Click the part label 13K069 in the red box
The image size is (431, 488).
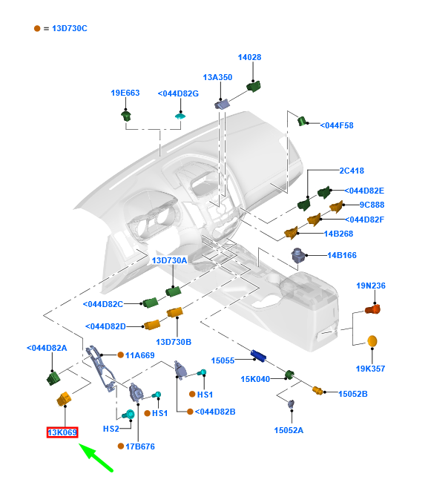click(x=62, y=432)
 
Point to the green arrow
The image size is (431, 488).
click(x=96, y=458)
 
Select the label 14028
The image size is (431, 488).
click(x=249, y=57)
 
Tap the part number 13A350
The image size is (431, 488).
click(x=217, y=77)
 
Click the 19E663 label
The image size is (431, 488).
click(x=125, y=93)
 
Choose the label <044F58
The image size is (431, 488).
click(x=337, y=125)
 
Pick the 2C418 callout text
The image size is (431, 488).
click(x=352, y=171)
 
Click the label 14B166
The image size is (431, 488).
click(x=342, y=255)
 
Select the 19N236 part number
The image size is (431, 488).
click(x=371, y=286)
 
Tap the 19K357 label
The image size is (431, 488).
click(x=370, y=369)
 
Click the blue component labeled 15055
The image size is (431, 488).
click(x=258, y=355)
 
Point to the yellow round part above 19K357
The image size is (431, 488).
click(x=372, y=341)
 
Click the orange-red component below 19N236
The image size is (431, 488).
click(x=373, y=309)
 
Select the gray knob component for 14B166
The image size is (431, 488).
click(x=297, y=255)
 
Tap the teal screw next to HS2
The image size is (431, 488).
click(x=128, y=415)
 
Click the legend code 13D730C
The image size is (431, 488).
click(x=70, y=28)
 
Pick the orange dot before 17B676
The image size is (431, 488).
click(x=121, y=446)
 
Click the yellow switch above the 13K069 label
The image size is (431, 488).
click(x=64, y=399)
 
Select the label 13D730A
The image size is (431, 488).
click(x=169, y=260)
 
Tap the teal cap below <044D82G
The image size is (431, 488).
click(x=180, y=116)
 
